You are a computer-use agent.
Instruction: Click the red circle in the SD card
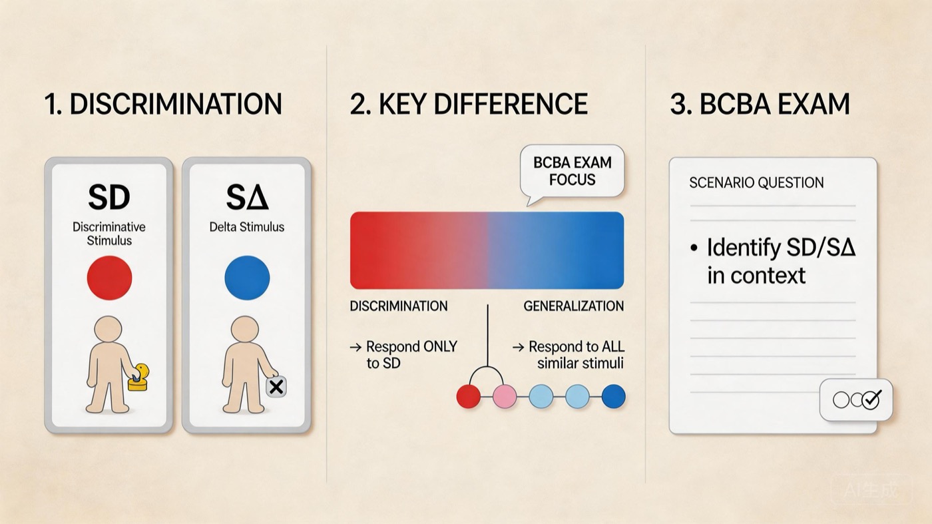point(109,278)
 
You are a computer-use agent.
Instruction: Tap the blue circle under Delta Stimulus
point(247,278)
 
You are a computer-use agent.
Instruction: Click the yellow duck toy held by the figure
point(139,378)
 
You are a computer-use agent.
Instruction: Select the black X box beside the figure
point(276,387)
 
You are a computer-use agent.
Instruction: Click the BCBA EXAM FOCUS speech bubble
point(572,172)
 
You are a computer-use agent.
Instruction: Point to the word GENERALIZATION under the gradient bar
point(573,306)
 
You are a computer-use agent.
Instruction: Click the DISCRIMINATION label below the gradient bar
point(399,306)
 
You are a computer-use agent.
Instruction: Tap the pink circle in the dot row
point(505,396)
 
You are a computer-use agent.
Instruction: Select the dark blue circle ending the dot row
point(613,396)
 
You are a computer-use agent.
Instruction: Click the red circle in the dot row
point(469,396)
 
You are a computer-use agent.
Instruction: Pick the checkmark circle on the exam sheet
point(871,399)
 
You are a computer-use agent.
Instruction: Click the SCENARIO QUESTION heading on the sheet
point(756,182)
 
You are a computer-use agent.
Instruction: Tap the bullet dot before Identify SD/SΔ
point(693,248)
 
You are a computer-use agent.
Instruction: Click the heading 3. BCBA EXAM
point(760,104)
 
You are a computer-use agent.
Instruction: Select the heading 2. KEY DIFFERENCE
point(469,104)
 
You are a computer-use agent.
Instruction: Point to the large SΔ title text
point(247,197)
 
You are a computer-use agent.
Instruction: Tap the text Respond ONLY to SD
point(403,355)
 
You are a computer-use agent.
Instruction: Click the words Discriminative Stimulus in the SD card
point(109,234)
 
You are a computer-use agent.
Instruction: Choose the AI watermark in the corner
point(871,490)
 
